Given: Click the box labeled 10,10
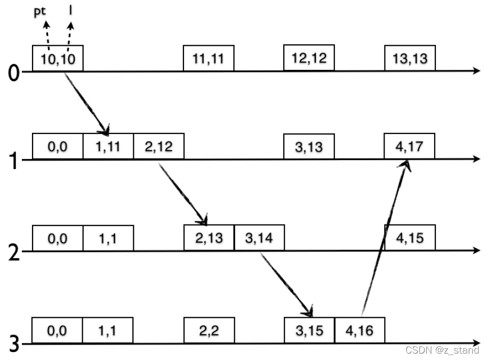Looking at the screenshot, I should [58, 58].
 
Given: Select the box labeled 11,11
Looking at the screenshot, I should [209, 58].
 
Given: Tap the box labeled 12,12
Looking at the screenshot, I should [309, 58].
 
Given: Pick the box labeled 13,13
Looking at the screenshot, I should [410, 58].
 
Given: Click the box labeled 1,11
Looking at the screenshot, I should [108, 146].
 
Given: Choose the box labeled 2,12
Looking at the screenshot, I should [158, 146].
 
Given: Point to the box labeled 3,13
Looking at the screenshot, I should [309, 146].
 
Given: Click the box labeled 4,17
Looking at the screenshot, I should [410, 146].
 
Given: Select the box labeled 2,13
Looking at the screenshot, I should [209, 238].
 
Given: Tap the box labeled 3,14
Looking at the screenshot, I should [259, 238].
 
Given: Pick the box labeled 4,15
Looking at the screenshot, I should [410, 238].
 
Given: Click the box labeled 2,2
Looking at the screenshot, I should [209, 331].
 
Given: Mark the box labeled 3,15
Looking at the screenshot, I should [309, 331].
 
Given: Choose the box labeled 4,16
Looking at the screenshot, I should [360, 331].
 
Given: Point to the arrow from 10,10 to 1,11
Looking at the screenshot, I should [86, 102].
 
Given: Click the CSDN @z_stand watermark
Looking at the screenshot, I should [442, 350].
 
